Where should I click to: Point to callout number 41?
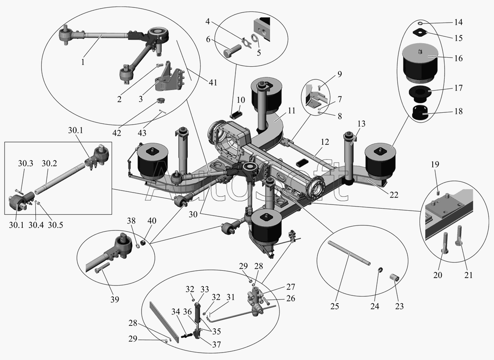(213, 82)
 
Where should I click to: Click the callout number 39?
(114, 300)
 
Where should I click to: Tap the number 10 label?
(241, 100)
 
